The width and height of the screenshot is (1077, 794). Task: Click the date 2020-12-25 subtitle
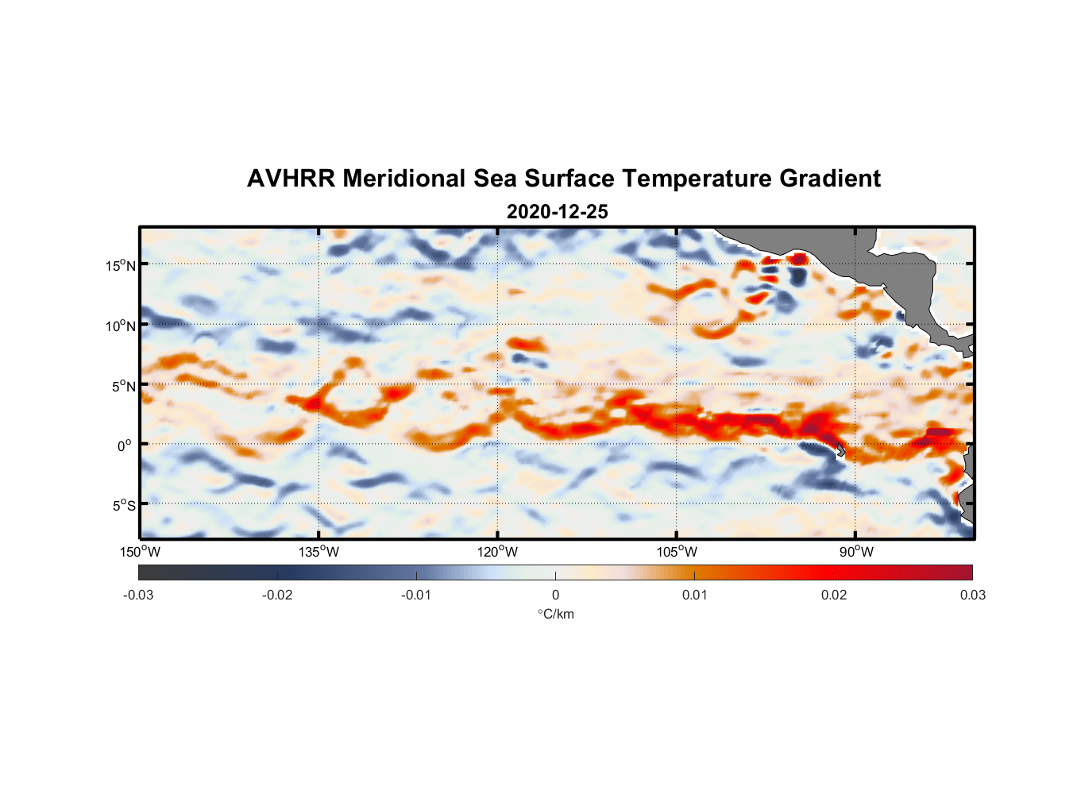[x=557, y=212]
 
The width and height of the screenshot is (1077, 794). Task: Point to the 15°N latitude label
[x=120, y=265]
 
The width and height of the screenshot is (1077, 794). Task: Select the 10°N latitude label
[x=120, y=326]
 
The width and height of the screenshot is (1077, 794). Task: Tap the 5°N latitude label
[x=122, y=386]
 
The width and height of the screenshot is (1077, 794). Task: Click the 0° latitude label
[x=125, y=445]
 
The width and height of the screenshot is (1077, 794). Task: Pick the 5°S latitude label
[x=122, y=505]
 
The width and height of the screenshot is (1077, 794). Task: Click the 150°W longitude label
[x=140, y=552]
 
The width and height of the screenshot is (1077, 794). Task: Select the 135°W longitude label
[x=318, y=552]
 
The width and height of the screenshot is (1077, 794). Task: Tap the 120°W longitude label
[x=498, y=552]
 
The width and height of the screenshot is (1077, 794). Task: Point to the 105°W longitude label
[x=677, y=552]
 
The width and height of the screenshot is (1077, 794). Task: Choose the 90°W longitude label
[x=856, y=552]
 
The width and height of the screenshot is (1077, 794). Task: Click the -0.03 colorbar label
[x=138, y=595]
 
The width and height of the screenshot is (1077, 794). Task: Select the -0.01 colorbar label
[x=416, y=595]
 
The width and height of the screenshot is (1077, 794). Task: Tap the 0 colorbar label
[x=555, y=595]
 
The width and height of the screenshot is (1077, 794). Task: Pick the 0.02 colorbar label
[x=833, y=595]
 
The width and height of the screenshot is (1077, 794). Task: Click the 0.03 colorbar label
[x=972, y=595]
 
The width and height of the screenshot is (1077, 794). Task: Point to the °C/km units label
[x=555, y=614]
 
